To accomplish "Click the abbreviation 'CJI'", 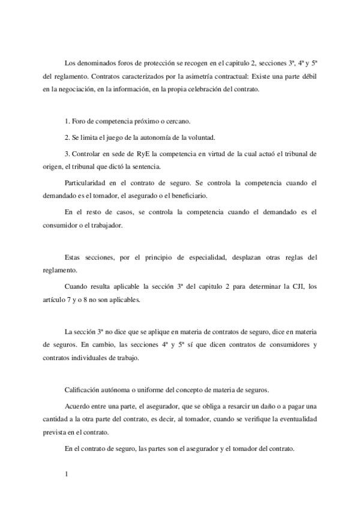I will coord(282,287).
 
